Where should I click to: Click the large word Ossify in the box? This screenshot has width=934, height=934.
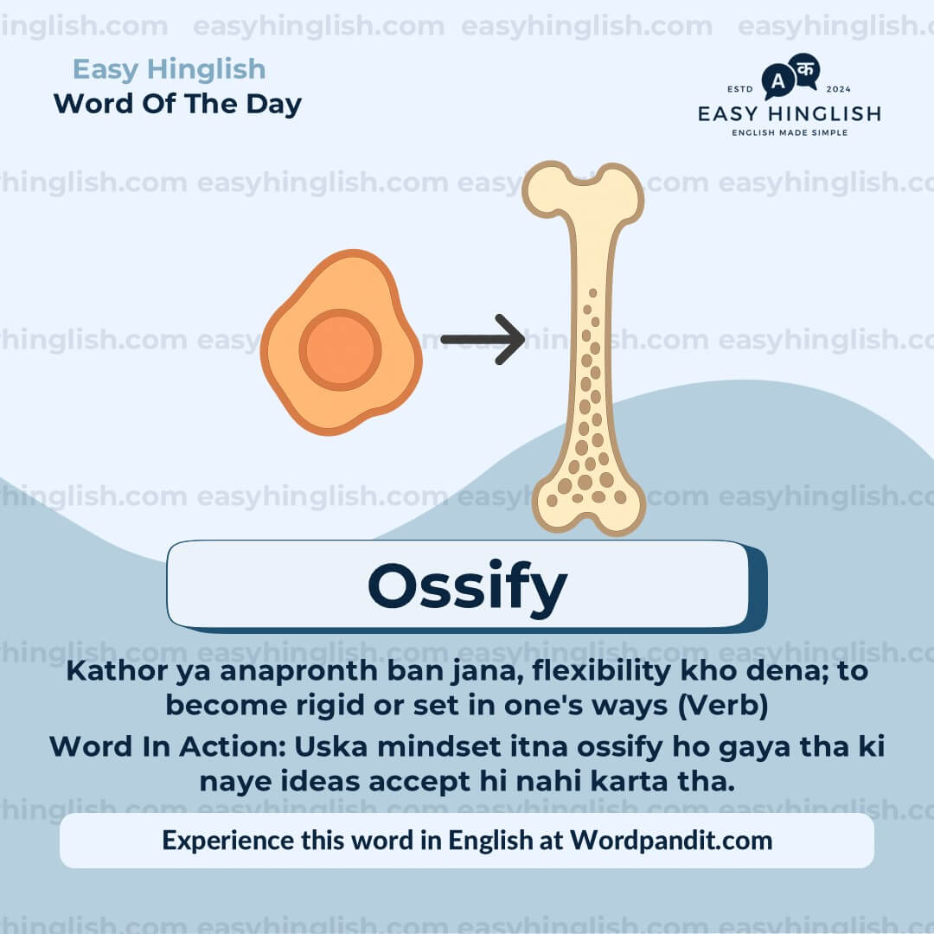coord(467,586)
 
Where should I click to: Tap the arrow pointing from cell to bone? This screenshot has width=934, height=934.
coord(482,339)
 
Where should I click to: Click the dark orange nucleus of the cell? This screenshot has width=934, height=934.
coord(340,349)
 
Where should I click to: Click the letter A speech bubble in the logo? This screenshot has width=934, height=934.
coord(777,82)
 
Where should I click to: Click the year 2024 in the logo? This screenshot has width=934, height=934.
coord(839,89)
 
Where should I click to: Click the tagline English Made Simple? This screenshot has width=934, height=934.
coord(790,132)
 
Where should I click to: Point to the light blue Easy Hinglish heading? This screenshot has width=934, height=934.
coord(169,69)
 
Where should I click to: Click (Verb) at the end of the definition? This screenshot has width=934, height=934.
coord(723,706)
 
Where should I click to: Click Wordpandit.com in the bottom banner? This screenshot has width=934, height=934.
coord(671,840)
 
